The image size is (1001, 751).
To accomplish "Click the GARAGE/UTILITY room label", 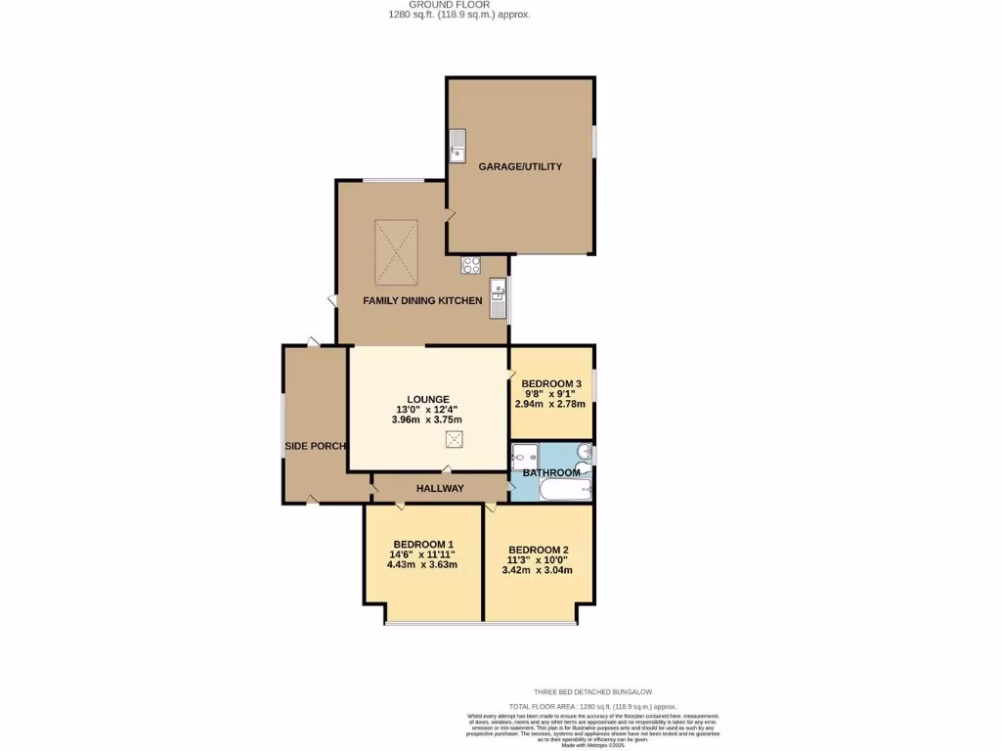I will point(520,167).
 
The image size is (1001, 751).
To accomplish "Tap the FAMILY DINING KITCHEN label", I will point(422,301).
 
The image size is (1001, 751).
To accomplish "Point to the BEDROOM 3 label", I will point(551,383).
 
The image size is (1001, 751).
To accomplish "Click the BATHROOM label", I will point(551,473).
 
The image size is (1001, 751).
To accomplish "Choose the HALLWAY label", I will point(440,488).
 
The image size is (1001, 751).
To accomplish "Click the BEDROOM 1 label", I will point(423,545).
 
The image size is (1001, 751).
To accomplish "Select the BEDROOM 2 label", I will point(539,550).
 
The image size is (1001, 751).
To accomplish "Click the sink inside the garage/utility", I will point(457,146).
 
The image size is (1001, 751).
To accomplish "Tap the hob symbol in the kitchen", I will point(471,263).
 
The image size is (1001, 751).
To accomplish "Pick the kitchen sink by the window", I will point(499,298).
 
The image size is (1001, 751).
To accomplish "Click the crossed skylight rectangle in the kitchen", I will point(396,250).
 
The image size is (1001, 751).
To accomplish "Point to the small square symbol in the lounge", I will point(454,439).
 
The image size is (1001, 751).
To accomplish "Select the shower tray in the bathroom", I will point(525,456).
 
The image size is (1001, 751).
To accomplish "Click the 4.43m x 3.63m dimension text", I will point(422,565).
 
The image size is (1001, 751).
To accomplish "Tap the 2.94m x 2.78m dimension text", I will point(550,404).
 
